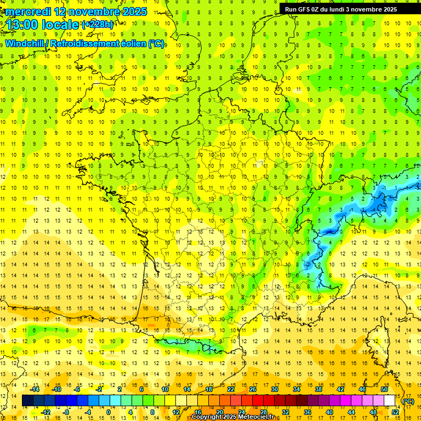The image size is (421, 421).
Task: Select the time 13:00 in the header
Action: [x=24, y=25]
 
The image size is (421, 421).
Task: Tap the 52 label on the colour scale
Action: [x=395, y=412]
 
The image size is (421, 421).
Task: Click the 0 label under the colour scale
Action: [x=109, y=412]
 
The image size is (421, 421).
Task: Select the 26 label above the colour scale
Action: [x=253, y=389]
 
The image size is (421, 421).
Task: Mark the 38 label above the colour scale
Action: [x=318, y=389]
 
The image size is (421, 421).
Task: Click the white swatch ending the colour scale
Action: [x=390, y=401]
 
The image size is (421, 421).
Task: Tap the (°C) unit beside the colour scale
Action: [x=408, y=401]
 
